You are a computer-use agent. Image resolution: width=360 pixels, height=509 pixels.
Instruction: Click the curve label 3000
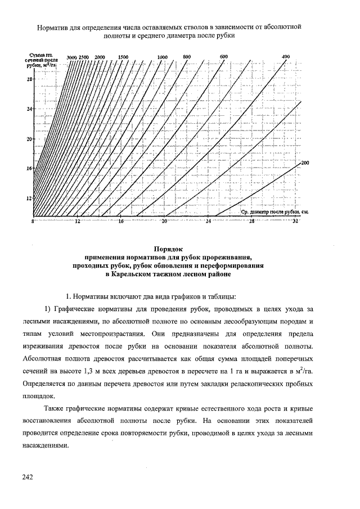(x=71, y=57)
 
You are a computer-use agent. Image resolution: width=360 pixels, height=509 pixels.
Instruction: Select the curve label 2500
(x=84, y=57)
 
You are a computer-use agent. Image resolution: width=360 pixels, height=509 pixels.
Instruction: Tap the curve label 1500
(x=124, y=57)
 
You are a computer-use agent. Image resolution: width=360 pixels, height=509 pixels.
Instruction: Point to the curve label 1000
(x=163, y=57)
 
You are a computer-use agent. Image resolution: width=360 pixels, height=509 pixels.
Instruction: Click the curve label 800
(x=187, y=57)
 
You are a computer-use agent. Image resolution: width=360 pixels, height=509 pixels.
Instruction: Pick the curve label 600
(x=223, y=57)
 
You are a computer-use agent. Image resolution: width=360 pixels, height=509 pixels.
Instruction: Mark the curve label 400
(x=286, y=57)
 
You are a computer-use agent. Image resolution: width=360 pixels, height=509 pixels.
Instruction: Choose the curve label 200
(x=305, y=163)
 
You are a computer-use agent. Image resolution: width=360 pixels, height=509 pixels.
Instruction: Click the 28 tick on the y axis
(x=29, y=79)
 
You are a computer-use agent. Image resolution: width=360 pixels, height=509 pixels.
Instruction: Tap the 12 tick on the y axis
(x=29, y=198)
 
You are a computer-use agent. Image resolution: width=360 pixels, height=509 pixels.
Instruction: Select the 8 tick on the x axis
(x=33, y=223)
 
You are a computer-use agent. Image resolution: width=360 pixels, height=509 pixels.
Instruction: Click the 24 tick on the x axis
(x=208, y=223)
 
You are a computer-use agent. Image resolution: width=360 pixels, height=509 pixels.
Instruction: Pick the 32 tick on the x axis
(x=296, y=223)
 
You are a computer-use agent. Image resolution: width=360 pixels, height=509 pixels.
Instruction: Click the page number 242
(x=28, y=478)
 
